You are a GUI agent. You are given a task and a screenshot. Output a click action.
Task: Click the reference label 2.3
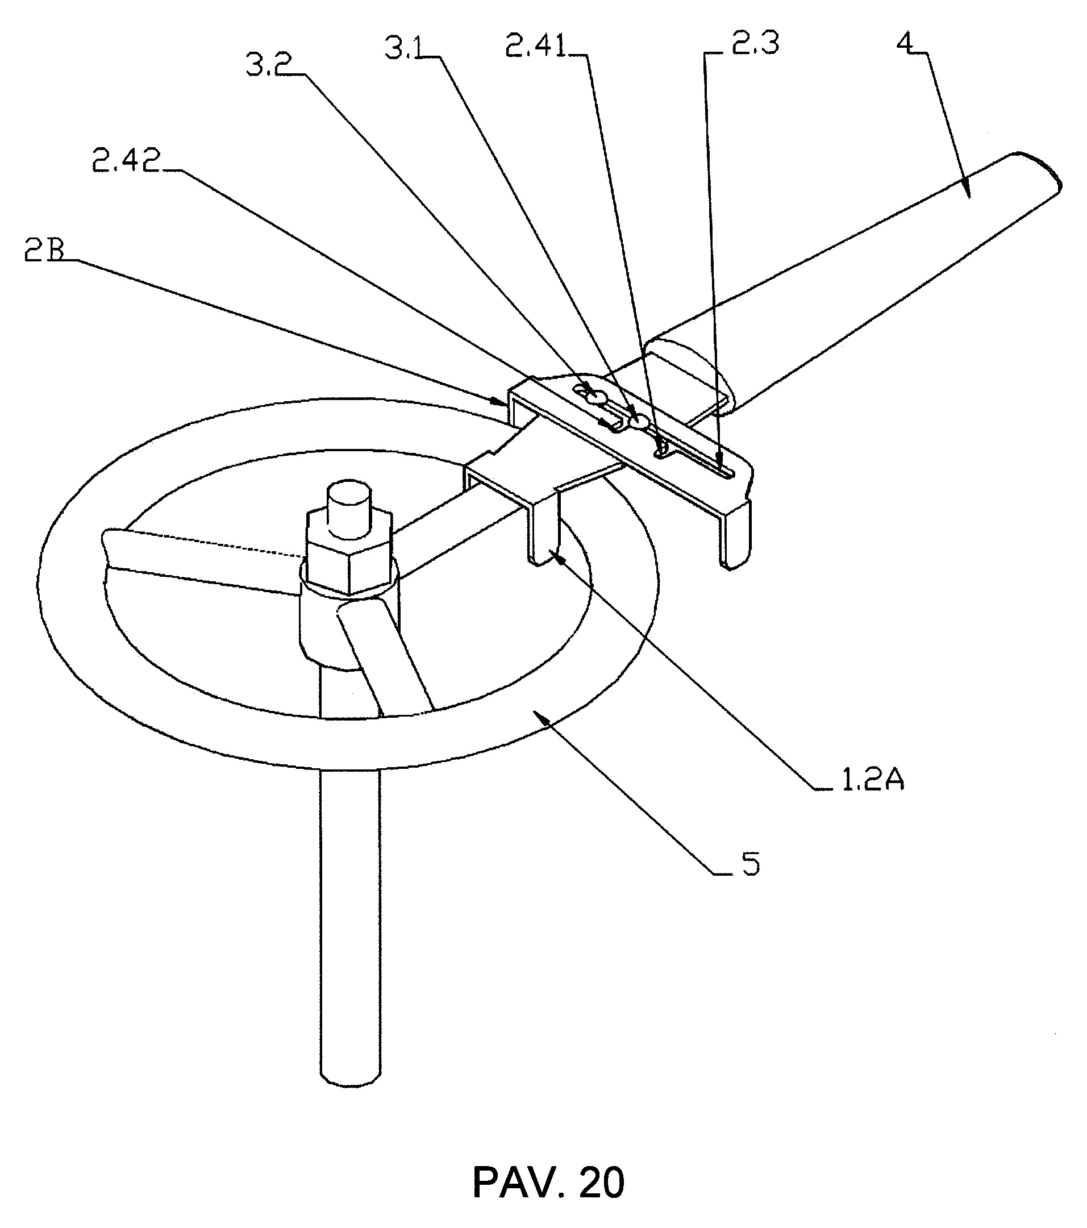coord(755,43)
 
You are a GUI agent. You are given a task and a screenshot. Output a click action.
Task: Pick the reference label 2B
coord(44,251)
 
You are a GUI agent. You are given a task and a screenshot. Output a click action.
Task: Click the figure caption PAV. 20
coord(548,1183)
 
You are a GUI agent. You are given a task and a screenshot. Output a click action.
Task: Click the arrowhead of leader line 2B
coord(498,399)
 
